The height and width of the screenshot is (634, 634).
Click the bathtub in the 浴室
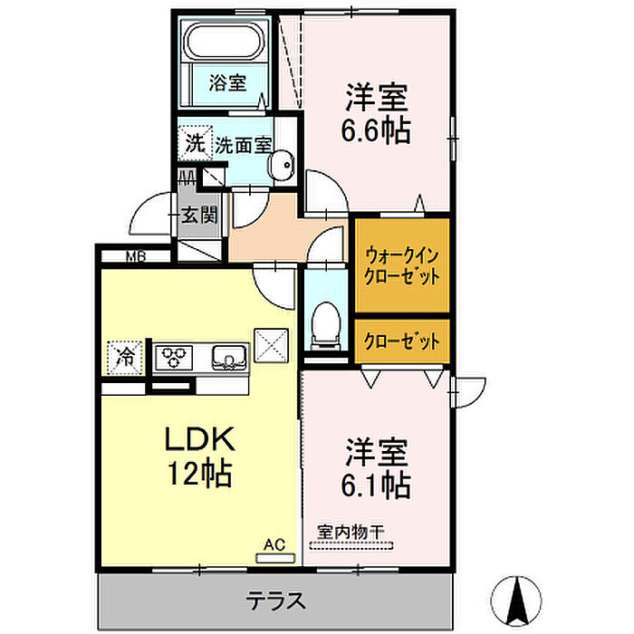pyautogui.click(x=224, y=42)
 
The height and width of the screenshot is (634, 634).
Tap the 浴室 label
pyautogui.click(x=227, y=82)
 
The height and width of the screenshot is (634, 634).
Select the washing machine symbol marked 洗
pyautogui.click(x=196, y=143)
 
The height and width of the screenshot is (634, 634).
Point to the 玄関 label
pyautogui.click(x=199, y=216)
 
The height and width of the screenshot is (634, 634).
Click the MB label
pyautogui.click(x=136, y=256)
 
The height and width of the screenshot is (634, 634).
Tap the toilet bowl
pyautogui.click(x=326, y=325)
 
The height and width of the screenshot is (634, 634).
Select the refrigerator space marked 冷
pyautogui.click(x=125, y=358)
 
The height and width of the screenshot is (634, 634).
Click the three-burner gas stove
pyautogui.click(x=174, y=357)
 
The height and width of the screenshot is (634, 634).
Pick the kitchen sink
pyautogui.click(x=229, y=357)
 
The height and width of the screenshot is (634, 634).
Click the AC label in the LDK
pyautogui.click(x=274, y=544)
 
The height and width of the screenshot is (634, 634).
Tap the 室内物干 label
pyautogui.click(x=351, y=532)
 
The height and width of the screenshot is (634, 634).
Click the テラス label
pyautogui.click(x=275, y=600)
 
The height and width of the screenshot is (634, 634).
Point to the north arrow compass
pyautogui.click(x=516, y=601)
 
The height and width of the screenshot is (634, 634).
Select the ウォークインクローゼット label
pyautogui.click(x=401, y=266)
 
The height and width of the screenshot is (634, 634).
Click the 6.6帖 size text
pyautogui.click(x=376, y=130)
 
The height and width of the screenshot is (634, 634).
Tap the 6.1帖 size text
pyautogui.click(x=376, y=485)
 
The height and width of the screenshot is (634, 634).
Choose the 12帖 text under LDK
pyautogui.click(x=200, y=473)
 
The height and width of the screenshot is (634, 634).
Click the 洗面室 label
pyautogui.click(x=243, y=145)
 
